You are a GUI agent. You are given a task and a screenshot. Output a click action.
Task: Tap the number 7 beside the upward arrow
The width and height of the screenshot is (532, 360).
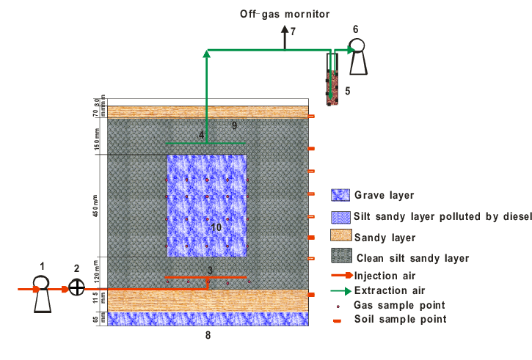point(292,32)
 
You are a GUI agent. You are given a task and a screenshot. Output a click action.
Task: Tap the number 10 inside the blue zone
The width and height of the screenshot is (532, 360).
point(216,228)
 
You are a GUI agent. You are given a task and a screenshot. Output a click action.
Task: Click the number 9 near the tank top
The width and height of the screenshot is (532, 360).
point(234,126)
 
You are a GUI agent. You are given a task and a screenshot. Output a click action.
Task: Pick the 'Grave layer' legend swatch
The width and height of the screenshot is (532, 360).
point(340,196)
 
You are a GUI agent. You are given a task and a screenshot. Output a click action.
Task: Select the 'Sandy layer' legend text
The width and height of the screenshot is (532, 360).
point(385,237)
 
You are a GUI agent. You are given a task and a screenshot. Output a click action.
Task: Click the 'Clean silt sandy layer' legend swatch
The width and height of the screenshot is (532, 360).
point(340,257)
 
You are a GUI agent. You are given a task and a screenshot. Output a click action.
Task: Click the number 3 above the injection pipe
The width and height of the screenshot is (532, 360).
point(210,271)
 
